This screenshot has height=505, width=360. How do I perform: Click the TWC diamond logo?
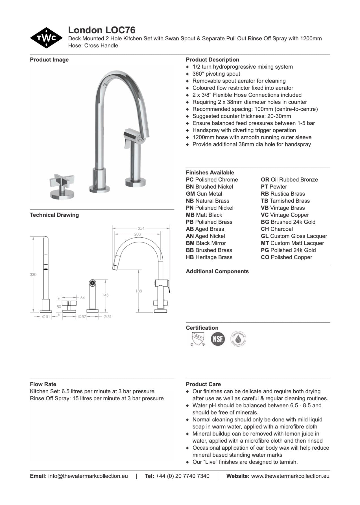tap(46, 38)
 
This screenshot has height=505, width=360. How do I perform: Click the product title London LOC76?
tap(102, 30)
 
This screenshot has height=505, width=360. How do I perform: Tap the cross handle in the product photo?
tap(62, 181)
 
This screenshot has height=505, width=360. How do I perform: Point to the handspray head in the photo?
tap(135, 136)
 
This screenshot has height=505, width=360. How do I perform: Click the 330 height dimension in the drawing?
tap(33, 274)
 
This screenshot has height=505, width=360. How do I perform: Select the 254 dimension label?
tap(141, 228)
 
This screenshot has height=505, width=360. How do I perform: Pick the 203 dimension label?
tap(138, 234)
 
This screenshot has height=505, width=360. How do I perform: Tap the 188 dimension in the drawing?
tap(139, 291)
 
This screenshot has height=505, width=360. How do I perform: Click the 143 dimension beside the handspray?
tap(105, 295)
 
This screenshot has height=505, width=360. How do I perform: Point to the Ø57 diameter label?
tap(82, 317)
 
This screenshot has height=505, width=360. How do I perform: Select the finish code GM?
tap(190, 194)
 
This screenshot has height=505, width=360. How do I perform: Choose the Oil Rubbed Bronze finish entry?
tap(289, 180)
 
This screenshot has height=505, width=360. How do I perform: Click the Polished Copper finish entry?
tap(287, 257)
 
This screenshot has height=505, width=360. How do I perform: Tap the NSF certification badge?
tap(218, 339)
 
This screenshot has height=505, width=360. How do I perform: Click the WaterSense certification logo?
tap(238, 339)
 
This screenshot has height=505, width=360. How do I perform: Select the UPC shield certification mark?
tap(198, 339)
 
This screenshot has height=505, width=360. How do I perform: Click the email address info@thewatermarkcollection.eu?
tap(88, 476)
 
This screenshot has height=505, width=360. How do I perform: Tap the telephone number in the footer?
tap(182, 476)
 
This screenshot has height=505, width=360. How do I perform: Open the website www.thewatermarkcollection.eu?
tap(290, 476)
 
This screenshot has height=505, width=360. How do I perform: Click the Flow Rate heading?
tap(43, 384)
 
